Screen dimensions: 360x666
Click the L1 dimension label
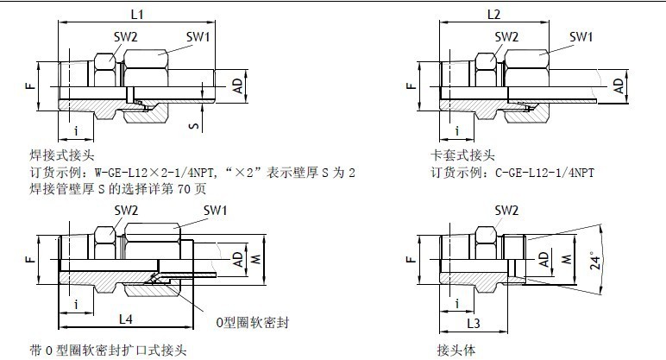click(135, 14)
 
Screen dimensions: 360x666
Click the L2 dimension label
click(493, 14)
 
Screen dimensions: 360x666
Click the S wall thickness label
click(195, 127)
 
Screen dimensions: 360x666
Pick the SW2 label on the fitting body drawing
click(506, 210)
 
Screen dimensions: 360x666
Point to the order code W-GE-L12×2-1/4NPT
click(156, 173)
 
